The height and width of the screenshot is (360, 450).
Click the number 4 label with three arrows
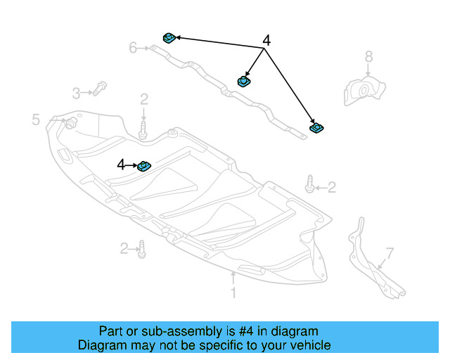[x=266, y=41]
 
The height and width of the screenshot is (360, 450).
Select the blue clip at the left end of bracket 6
[x=169, y=37]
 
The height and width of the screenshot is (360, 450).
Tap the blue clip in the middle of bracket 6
[x=244, y=81]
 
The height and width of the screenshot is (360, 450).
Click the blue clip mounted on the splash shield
[x=143, y=165]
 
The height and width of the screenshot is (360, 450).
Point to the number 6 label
[x=133, y=48]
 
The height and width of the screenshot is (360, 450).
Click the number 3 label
[x=77, y=92]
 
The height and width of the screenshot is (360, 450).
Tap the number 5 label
[x=36, y=120]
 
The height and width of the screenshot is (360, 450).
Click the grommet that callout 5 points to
[x=70, y=124]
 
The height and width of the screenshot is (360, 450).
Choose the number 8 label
[x=368, y=56]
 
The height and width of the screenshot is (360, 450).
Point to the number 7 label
[x=390, y=253]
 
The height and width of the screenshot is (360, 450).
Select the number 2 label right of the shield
[x=332, y=187]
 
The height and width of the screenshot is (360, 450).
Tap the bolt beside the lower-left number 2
[x=142, y=249]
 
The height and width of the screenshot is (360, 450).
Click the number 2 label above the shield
[x=143, y=98]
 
